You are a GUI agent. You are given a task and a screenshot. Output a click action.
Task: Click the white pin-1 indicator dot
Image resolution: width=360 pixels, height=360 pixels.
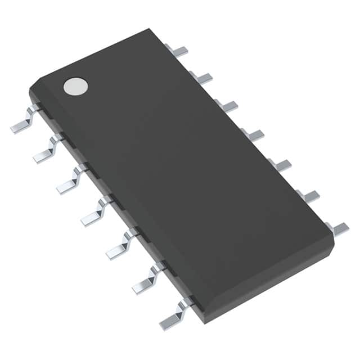[x=76, y=85]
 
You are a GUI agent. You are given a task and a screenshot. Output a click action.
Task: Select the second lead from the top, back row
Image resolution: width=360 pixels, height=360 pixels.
[x=202, y=78]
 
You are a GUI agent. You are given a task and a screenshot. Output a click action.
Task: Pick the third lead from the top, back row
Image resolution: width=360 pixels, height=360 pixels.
[x=227, y=105]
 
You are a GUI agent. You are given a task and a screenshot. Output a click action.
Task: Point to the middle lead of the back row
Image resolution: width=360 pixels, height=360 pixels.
[x=254, y=134]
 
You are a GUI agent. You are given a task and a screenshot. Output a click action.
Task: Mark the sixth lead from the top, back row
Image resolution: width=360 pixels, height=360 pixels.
[x=309, y=196]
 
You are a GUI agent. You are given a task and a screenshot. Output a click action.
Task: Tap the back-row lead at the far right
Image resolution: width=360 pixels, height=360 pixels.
[x=338, y=228]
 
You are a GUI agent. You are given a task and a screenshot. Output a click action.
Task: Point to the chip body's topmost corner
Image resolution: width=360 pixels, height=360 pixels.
[x=150, y=29]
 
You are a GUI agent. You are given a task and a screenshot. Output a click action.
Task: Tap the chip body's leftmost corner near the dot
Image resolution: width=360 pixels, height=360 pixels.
[x=30, y=90]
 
